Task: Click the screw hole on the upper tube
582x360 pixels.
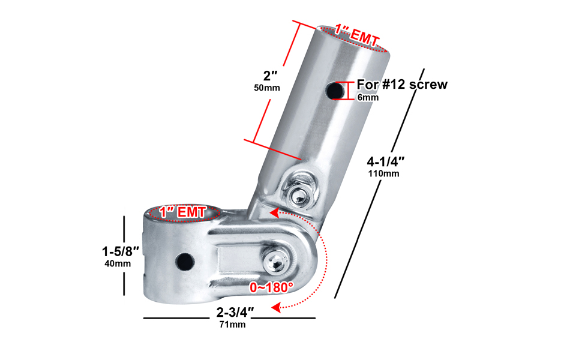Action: (335, 90)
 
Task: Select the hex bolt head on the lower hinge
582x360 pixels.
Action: (276, 263)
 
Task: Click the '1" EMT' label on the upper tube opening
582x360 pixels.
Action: (357, 35)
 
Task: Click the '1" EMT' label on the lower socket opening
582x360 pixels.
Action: (183, 212)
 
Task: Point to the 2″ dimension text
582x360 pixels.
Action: (270, 76)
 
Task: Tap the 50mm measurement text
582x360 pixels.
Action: (267, 88)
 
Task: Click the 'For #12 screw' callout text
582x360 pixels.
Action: (402, 85)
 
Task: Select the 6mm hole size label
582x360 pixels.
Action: (368, 98)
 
